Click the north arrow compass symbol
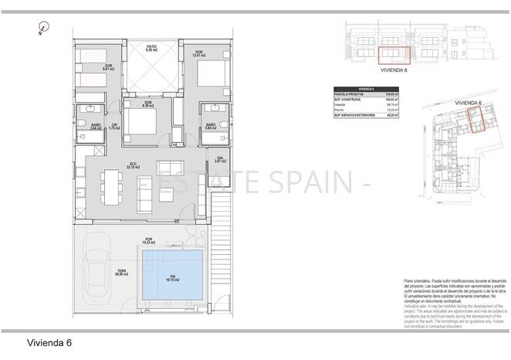coord(40,29)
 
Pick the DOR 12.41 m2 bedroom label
coord(202,53)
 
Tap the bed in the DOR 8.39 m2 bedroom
coord(147,121)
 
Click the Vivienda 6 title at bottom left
coord(50,341)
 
